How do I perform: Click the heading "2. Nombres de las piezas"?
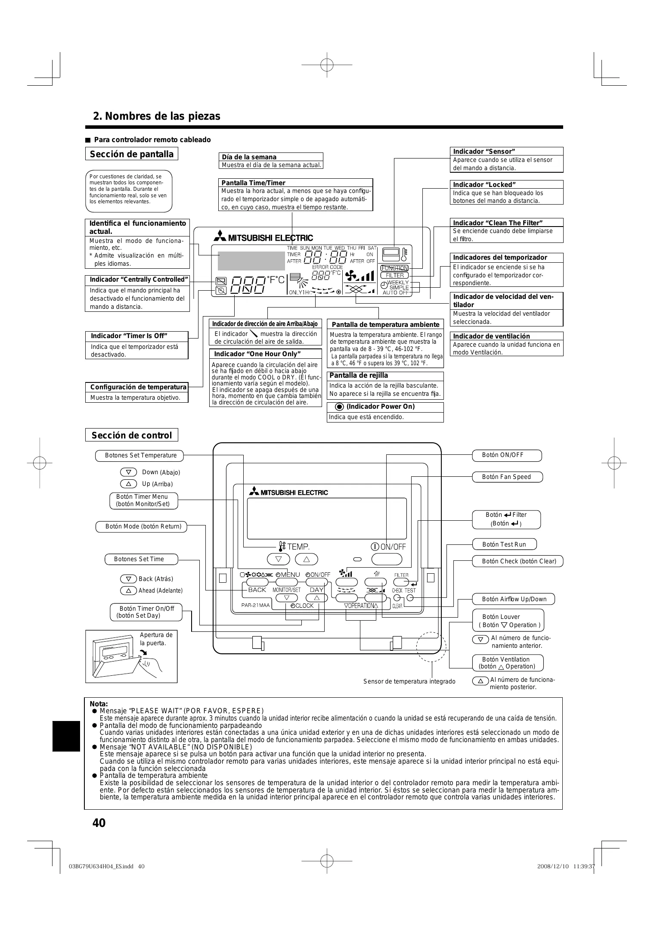(157, 116)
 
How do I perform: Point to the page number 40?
(99, 823)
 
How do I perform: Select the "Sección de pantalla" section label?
(131, 154)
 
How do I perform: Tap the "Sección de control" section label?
(131, 435)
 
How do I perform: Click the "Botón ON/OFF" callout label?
(506, 455)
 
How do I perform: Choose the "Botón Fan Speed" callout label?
(506, 477)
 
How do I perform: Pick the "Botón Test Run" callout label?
(504, 544)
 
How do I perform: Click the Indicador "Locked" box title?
(484, 185)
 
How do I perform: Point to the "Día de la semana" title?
(249, 157)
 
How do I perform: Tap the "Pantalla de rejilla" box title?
(359, 376)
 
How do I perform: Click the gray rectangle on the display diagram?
(251, 261)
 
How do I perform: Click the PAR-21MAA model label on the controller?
(255, 605)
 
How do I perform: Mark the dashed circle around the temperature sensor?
(431, 646)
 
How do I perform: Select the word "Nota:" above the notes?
(99, 704)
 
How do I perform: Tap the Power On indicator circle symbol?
(339, 407)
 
